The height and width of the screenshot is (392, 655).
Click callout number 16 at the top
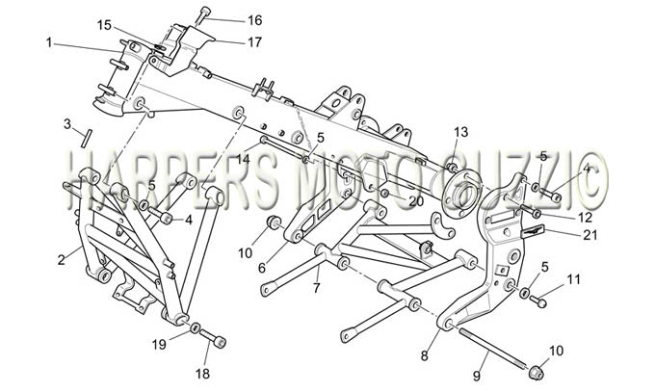tap(255, 20)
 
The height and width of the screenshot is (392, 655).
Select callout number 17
tap(254, 42)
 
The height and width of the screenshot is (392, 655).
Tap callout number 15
tap(104, 25)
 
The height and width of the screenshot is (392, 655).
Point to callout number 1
tap(49, 42)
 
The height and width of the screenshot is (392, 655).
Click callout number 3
tap(67, 124)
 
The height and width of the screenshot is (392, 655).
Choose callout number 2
tap(62, 260)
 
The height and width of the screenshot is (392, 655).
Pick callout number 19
tap(159, 345)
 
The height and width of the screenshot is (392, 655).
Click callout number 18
tap(202, 373)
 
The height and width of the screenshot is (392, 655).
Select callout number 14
tap(243, 159)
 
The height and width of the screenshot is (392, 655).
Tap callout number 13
tap(461, 133)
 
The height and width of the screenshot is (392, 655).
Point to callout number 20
tap(416, 202)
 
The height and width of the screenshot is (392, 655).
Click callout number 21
tap(590, 235)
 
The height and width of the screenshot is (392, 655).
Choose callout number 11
tap(574, 279)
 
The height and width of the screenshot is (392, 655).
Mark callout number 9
tap(477, 376)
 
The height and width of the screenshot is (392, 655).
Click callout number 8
tap(425, 355)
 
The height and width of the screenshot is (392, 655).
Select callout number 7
tap(316, 288)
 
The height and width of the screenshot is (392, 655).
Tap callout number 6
tap(262, 268)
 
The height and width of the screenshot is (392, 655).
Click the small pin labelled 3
tap(86, 139)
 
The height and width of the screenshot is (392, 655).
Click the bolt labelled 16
tap(203, 15)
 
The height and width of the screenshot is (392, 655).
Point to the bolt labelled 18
tap(213, 338)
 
